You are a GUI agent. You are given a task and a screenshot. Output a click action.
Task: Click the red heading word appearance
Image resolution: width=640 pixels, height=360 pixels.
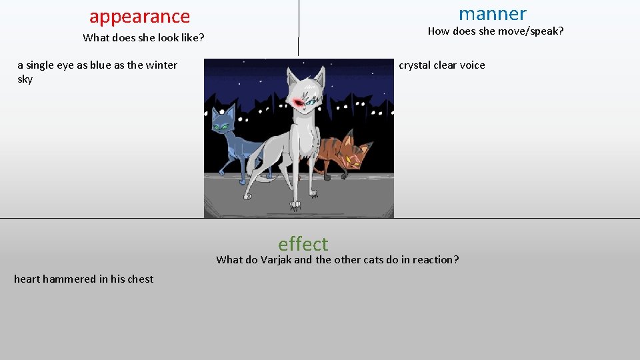tap(139, 16)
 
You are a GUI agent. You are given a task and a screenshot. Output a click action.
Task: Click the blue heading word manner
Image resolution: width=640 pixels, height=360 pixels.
tap(492, 13)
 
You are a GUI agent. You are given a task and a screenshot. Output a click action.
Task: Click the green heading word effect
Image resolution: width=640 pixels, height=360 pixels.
tap(303, 243)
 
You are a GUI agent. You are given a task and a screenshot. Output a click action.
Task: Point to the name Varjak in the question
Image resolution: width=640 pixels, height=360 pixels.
tap(276, 260)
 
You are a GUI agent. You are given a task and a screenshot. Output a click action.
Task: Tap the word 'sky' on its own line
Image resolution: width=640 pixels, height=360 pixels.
tap(25, 79)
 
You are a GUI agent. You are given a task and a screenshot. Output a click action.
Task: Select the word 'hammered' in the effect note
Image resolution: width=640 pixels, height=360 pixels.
tap(69, 279)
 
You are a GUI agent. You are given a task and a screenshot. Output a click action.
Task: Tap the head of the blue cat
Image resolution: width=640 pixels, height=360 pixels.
tap(223, 122)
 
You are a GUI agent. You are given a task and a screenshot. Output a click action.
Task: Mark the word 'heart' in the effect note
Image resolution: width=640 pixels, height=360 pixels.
tap(27, 279)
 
